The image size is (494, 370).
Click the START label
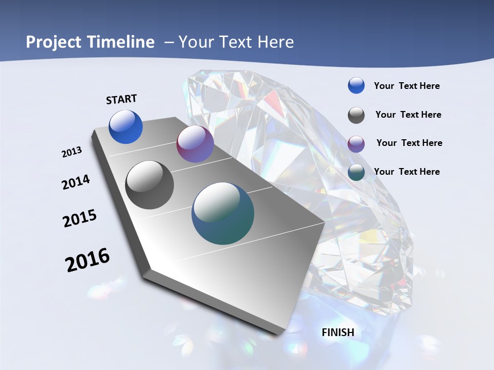pos(121,99)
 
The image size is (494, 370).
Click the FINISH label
pos(338,332)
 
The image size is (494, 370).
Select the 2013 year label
pos(72,152)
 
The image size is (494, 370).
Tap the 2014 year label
pos(76,182)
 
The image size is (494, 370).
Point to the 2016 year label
pos(87,260)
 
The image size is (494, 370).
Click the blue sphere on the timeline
pos(126,126)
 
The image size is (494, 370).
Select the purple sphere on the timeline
pos(195,144)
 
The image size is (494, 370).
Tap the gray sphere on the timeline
pos(150,185)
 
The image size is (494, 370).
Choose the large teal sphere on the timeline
pos(223,213)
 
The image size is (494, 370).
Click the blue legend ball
pos(356,86)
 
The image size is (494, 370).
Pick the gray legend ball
pos(356,115)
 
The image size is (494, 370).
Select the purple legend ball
pos(356,143)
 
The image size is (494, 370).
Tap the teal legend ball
pos(356,172)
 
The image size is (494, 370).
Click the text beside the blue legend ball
pos(407,86)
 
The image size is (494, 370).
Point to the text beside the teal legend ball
pos(407,172)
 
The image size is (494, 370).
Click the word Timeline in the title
pos(121,42)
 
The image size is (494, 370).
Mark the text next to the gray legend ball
pos(408,115)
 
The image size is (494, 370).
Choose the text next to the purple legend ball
pos(409,143)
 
